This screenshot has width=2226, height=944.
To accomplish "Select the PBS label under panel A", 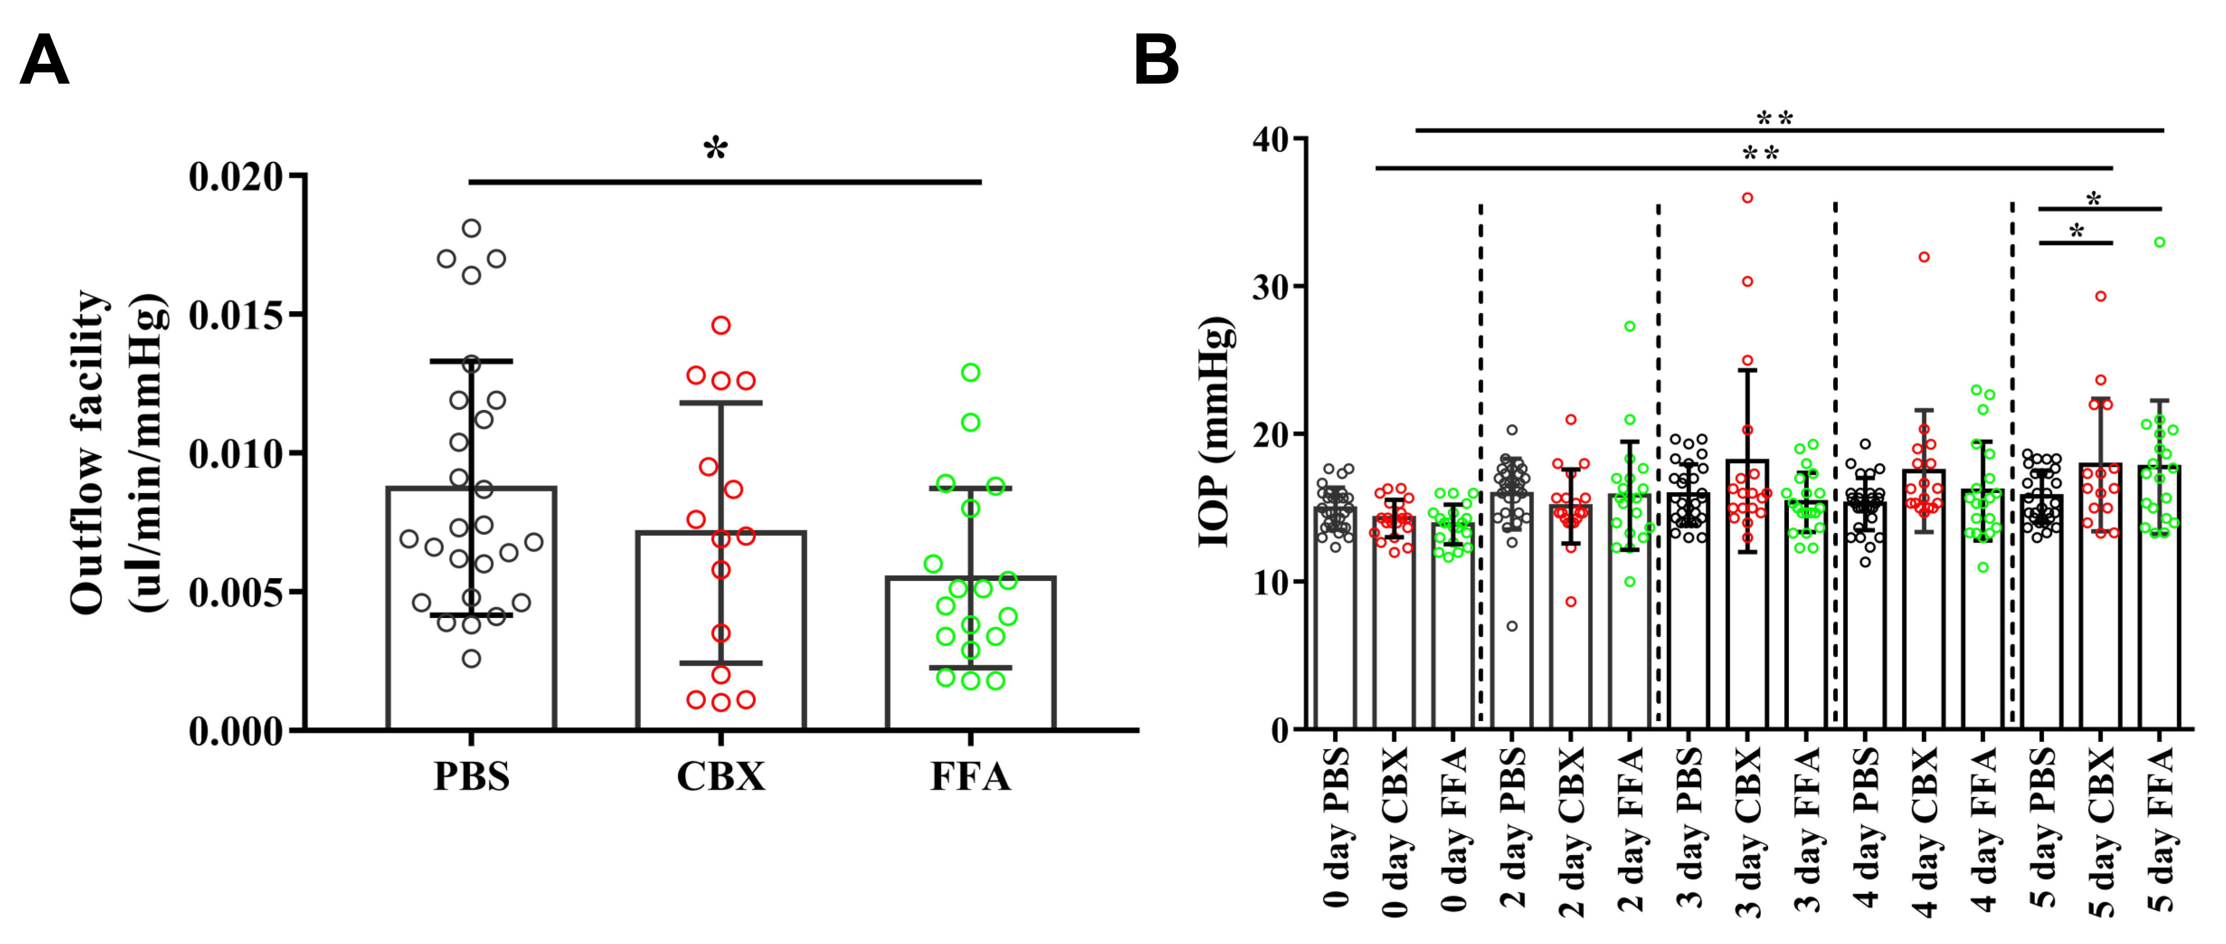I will tap(471, 775).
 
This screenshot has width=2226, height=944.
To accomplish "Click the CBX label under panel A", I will tap(721, 775).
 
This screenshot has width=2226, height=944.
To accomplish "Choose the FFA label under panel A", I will tap(970, 775).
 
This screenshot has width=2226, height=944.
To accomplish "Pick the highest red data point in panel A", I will tap(721, 325).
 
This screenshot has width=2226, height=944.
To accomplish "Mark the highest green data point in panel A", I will tap(970, 373).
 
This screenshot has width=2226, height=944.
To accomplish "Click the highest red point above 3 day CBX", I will tap(1747, 198).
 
